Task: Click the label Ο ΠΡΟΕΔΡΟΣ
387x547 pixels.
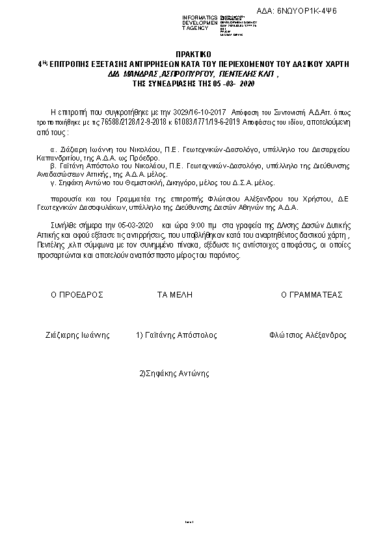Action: (x=77, y=294)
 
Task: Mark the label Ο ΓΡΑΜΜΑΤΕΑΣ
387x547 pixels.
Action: (x=312, y=294)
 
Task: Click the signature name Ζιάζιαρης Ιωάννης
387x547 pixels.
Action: (x=77, y=335)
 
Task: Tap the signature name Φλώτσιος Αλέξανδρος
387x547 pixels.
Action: (x=307, y=335)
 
